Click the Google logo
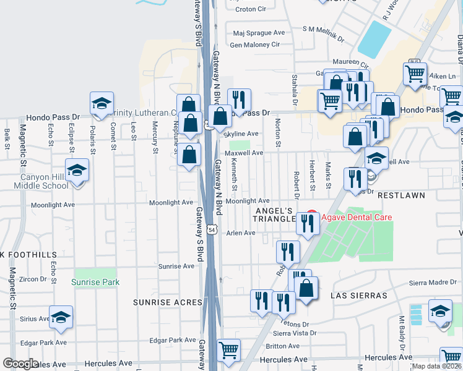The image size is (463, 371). click(20, 364)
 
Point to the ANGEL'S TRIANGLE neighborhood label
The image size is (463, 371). click(276, 215)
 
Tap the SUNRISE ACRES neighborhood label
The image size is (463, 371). click(168, 302)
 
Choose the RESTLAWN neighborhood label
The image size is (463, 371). click(402, 195)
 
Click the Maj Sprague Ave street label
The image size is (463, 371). click(259, 33)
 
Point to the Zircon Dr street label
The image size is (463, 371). click(34, 279)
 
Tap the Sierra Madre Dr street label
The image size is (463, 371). click(433, 283)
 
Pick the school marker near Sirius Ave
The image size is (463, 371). click(61, 317)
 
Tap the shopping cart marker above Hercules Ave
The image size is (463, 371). click(228, 349)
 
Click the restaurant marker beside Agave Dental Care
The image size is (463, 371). click(307, 223)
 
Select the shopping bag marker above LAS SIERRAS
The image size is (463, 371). click(306, 288)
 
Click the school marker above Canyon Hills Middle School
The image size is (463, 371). click(77, 171)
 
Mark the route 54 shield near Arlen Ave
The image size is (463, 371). click(212, 229)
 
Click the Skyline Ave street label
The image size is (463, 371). click(241, 134)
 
